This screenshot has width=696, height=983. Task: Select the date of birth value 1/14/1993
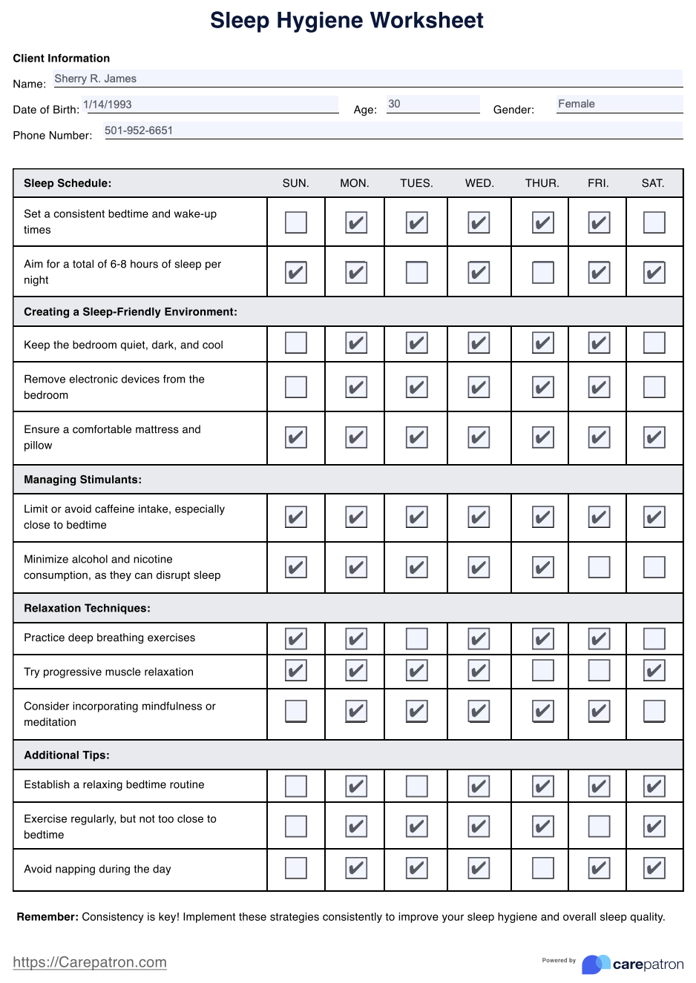click(108, 105)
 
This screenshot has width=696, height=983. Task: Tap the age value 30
click(394, 104)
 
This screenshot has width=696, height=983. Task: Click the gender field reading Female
click(577, 104)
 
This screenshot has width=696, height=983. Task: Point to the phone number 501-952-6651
click(139, 130)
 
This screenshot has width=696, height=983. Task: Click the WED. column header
click(479, 183)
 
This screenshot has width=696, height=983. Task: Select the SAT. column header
click(653, 183)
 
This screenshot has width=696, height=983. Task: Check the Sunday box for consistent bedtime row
click(296, 222)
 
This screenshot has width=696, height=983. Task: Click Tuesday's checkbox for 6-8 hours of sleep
click(417, 272)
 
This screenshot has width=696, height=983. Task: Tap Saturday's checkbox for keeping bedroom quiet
click(654, 342)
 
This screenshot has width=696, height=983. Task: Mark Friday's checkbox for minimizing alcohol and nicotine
click(599, 567)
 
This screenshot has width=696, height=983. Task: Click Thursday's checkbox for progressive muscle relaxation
click(543, 671)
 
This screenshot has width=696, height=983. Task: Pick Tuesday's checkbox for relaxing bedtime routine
click(417, 786)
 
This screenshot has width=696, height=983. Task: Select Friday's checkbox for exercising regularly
click(599, 826)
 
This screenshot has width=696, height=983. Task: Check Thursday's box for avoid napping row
click(543, 868)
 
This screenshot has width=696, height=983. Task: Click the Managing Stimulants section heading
click(82, 480)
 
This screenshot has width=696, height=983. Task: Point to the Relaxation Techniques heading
click(87, 608)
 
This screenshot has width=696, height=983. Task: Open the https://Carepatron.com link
click(90, 962)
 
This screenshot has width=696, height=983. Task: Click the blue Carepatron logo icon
click(595, 964)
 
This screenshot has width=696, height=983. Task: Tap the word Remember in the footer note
click(47, 917)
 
